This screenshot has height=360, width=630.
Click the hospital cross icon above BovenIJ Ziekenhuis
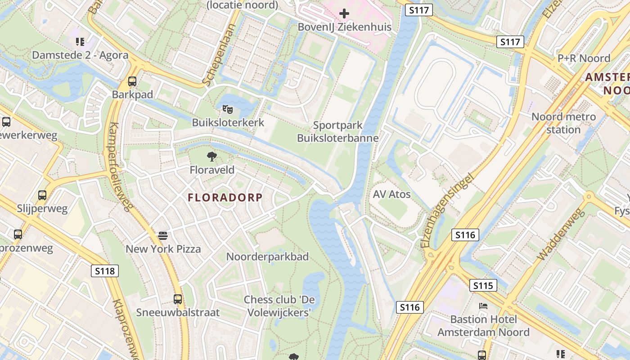point(344,13)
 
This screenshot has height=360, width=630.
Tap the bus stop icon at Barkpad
point(132,81)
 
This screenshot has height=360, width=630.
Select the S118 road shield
point(105,271)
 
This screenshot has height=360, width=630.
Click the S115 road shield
point(484,285)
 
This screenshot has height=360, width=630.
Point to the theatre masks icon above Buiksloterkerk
point(227,109)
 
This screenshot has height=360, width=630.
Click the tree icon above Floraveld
point(211,157)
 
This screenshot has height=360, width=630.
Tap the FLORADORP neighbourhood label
point(225,198)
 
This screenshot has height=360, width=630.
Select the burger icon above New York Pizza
point(163,235)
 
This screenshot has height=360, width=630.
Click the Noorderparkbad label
point(267,257)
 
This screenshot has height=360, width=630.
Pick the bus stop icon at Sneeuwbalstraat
point(178,299)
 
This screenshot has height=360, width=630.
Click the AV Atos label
point(391,194)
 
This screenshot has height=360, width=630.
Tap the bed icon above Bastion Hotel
point(483,306)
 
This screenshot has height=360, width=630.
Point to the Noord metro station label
point(563,123)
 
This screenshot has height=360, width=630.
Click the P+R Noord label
point(584,58)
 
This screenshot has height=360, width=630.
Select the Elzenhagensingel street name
point(448,211)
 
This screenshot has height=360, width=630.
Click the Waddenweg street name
point(561,234)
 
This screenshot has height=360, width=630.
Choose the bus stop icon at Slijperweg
point(42,195)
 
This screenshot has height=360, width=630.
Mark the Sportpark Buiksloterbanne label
point(337,132)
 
